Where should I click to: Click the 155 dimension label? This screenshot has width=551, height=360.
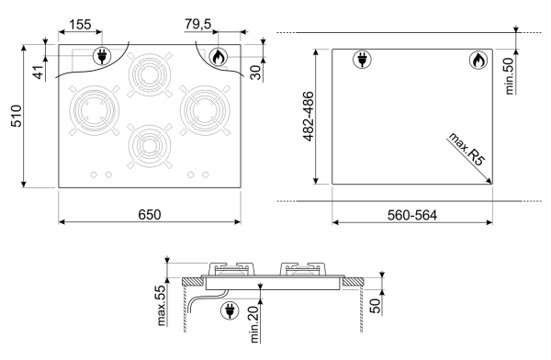[80, 25]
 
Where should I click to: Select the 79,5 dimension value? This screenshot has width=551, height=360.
[198, 24]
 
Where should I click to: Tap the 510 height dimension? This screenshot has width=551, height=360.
[17, 116]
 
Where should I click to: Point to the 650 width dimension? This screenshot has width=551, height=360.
[150, 215]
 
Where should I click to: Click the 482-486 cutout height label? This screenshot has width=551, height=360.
[309, 117]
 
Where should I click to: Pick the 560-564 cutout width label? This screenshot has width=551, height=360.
[412, 215]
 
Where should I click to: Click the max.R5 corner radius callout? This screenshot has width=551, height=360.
[467, 149]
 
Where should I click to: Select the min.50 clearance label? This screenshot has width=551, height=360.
[509, 76]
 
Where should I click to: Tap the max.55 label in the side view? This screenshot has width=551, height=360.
[161, 306]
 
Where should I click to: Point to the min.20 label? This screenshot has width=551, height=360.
[254, 324]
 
